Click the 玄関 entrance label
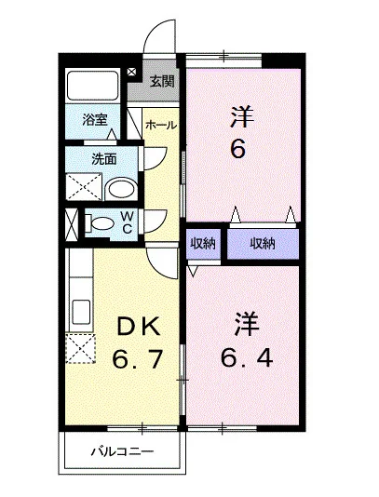click(x=162, y=81)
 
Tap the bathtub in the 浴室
click(x=92, y=86)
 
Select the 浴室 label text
click(x=95, y=119)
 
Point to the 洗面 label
click(x=103, y=158)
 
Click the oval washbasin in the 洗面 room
click(x=121, y=189)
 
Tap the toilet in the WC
click(x=100, y=223)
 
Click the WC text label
click(x=128, y=222)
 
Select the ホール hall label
click(x=161, y=126)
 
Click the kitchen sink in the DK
click(x=81, y=312)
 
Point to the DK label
click(x=139, y=327)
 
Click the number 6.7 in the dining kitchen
click(x=138, y=359)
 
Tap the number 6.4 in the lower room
click(x=247, y=358)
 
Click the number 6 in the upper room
click(x=237, y=149)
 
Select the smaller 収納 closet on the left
click(x=203, y=244)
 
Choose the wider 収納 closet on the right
click(x=263, y=244)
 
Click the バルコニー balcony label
click(x=122, y=451)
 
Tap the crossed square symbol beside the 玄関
click(x=131, y=72)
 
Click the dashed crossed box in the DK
click(x=80, y=348)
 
